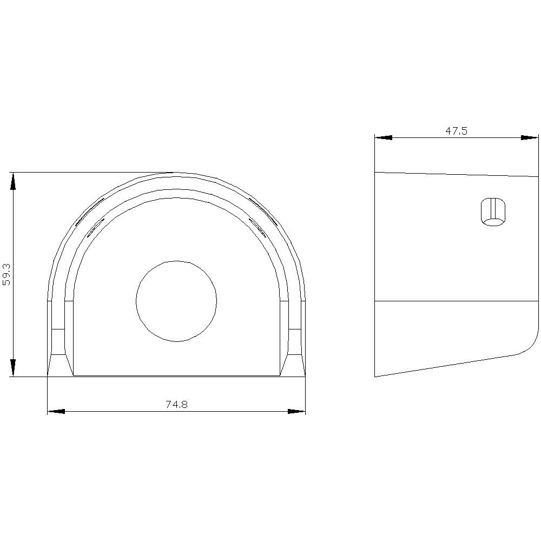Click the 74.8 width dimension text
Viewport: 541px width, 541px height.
[x=177, y=404]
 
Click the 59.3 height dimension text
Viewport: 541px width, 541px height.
[x=6, y=275]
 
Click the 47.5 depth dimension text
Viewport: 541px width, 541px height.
[x=456, y=131]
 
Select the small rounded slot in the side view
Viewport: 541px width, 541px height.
[x=493, y=212]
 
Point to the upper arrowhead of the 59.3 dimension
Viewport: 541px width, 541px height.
[x=13, y=181]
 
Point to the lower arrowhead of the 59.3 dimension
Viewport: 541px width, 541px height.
[x=13, y=368]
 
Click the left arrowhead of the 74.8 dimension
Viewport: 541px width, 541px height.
[x=56, y=411]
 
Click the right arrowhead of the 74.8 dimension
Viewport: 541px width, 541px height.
[x=296, y=411]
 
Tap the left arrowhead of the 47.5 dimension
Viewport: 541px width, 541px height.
[x=384, y=137]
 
